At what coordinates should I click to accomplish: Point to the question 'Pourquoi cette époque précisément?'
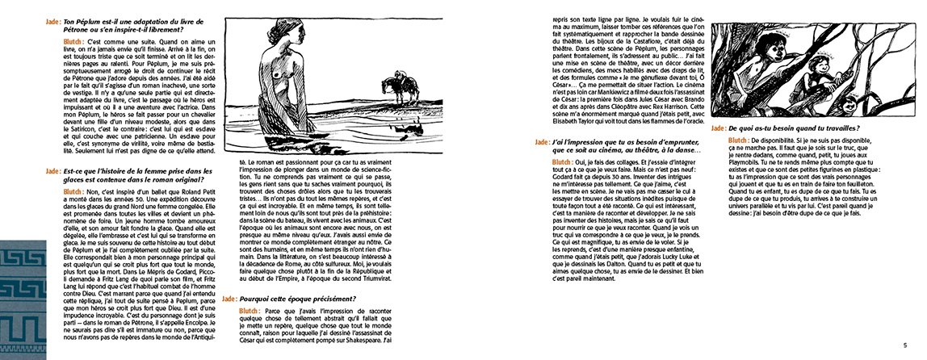pyautogui.click(x=298, y=297)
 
